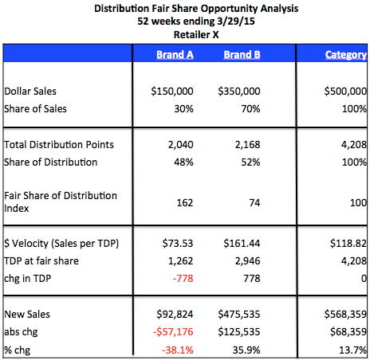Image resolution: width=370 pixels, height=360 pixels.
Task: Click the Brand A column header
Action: coord(175,55)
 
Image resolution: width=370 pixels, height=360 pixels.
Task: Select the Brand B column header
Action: coord(242,55)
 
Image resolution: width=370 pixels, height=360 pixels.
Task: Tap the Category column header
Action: coord(346,55)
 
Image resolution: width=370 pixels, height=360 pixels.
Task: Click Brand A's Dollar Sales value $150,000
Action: coord(172,92)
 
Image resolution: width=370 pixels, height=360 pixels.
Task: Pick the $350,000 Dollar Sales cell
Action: coord(239,92)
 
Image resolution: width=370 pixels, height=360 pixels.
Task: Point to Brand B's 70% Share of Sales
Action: coord(250,109)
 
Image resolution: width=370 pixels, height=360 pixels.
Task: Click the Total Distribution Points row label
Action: coord(59,145)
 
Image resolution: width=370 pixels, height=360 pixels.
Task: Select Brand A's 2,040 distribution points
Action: coord(180,145)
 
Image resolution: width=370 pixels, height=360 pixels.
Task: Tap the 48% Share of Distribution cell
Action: coord(183,162)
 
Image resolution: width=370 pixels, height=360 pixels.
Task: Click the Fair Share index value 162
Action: coord(185,203)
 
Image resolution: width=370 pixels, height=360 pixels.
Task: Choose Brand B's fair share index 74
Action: coord(254,203)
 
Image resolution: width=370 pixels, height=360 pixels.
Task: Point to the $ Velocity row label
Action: coord(61,244)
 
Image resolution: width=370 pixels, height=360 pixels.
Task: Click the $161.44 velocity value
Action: coord(242,244)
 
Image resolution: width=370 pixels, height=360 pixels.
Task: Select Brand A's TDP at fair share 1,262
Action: coord(180,261)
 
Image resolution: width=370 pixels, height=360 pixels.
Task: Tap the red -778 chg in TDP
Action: coord(183,279)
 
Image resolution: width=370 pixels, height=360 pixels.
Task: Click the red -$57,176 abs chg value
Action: coord(173,332)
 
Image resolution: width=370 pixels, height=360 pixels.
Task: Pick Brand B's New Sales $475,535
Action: coord(239,315)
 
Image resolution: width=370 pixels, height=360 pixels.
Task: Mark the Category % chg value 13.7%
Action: coord(352,350)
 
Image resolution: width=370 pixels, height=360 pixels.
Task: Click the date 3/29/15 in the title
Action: coord(236,22)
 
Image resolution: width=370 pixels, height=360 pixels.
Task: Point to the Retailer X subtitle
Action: coord(196,35)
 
